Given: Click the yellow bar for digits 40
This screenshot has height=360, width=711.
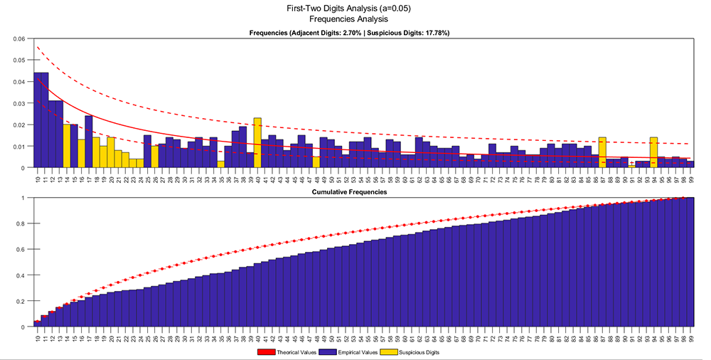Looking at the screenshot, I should point(257,143).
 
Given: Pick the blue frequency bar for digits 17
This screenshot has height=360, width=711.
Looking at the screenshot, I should point(89,142).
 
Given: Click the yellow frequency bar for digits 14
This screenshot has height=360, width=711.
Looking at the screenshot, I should point(67,146).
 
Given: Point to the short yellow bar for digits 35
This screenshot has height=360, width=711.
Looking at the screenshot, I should point(221,164).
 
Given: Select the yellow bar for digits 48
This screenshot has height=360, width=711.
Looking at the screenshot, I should point(316,162).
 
